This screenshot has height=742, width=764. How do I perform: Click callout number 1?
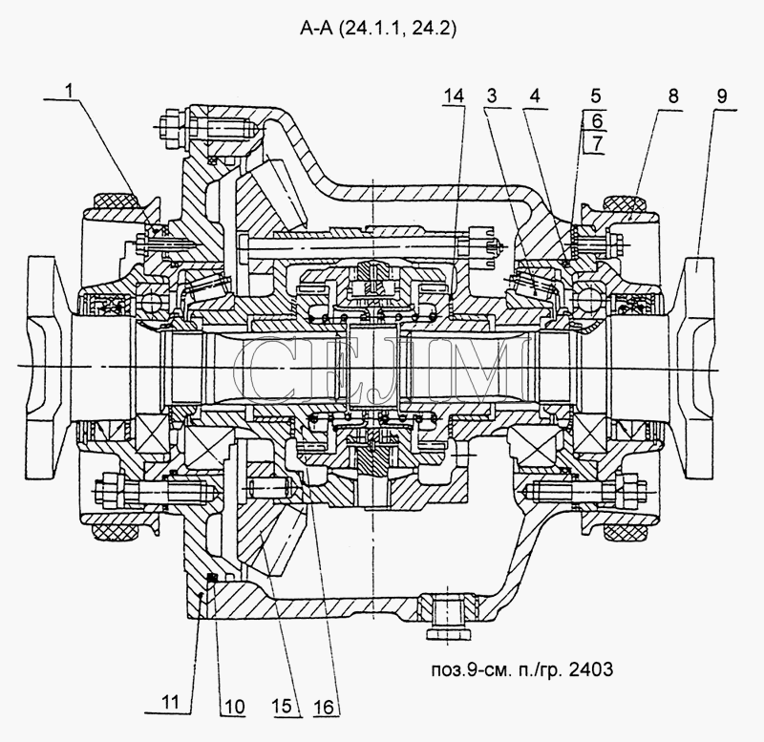70,90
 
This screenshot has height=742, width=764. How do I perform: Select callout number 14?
454,96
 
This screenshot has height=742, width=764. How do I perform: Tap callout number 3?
492,95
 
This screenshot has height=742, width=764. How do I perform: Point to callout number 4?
535,95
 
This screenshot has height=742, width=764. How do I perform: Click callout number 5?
596,95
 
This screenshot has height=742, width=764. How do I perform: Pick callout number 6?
597,120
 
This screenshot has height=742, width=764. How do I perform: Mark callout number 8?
673,96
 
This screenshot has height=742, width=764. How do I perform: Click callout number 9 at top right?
722,96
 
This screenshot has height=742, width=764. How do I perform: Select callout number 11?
170,702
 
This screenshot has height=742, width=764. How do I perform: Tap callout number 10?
234,707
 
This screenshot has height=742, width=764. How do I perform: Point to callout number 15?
282,707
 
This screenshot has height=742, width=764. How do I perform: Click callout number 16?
324,707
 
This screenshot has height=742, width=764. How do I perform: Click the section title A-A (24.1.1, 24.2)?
378,30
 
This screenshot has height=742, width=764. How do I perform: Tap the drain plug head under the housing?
447,633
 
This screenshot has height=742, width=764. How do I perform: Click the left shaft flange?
44,367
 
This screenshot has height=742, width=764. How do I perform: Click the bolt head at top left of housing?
171,127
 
